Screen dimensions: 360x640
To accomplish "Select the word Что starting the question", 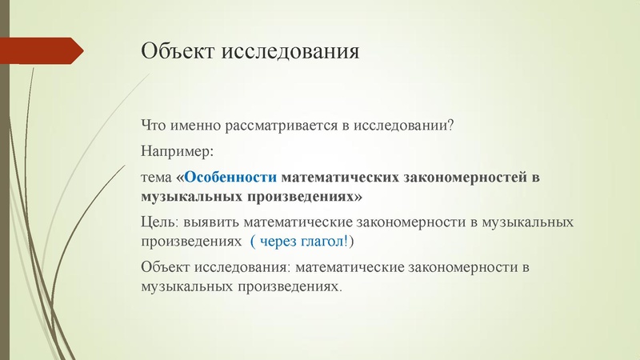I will click(153, 126).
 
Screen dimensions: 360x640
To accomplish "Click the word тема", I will click(156, 177).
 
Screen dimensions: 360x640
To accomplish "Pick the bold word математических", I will click(339, 177).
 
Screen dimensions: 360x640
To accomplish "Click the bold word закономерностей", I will click(466, 177).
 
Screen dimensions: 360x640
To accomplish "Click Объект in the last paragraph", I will click(164, 266).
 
